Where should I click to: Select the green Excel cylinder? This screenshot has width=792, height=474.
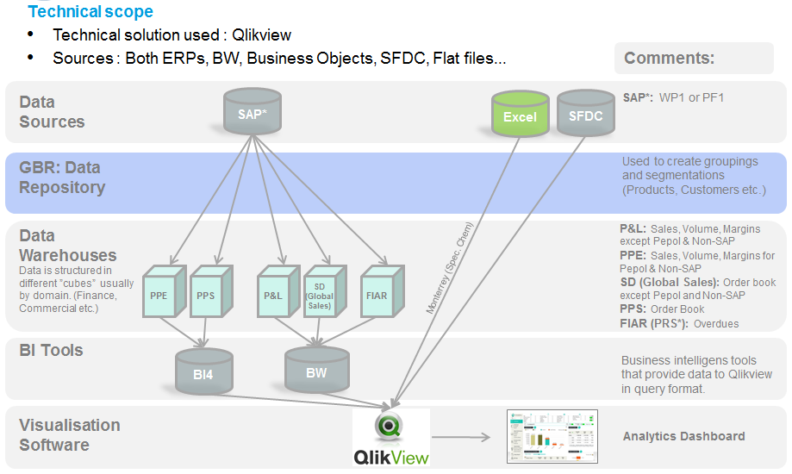click(520, 115)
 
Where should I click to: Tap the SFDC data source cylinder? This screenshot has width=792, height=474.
click(586, 113)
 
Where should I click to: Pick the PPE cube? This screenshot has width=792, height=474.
click(160, 293)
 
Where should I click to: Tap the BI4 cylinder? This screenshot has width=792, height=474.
click(203, 371)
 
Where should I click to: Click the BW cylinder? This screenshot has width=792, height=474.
click(317, 371)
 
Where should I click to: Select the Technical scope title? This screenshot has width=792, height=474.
click(90, 12)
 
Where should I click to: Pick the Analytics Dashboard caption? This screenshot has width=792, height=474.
click(683, 436)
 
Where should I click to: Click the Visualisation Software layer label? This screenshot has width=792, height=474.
click(70, 435)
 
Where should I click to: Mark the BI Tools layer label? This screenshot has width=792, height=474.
click(52, 350)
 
